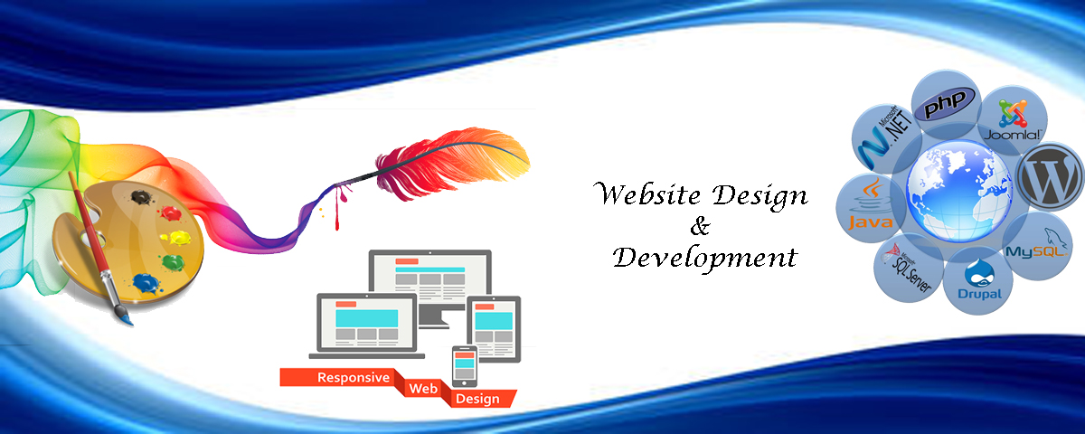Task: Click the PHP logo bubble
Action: pyautogui.click(x=946, y=104)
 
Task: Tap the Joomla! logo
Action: pyautogui.click(x=1013, y=120)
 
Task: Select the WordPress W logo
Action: pyautogui.click(x=1049, y=177)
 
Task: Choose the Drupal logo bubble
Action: pyautogui.click(x=978, y=280)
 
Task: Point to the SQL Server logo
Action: pyautogui.click(x=907, y=268)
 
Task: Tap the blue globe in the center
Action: pyautogui.click(x=959, y=191)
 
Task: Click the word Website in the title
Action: pyautogui.click(x=646, y=193)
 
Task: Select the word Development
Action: pyautogui.click(x=704, y=257)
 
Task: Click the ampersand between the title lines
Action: pyautogui.click(x=700, y=226)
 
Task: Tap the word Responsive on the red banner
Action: pyautogui.click(x=354, y=377)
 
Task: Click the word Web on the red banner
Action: pyautogui.click(x=423, y=389)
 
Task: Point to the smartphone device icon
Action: pyautogui.click(x=464, y=366)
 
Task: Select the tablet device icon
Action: pyautogui.click(x=494, y=329)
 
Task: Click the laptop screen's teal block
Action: pyautogui.click(x=367, y=318)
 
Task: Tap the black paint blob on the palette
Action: pyautogui.click(x=142, y=197)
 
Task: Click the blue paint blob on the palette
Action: pyautogui.click(x=146, y=283)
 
